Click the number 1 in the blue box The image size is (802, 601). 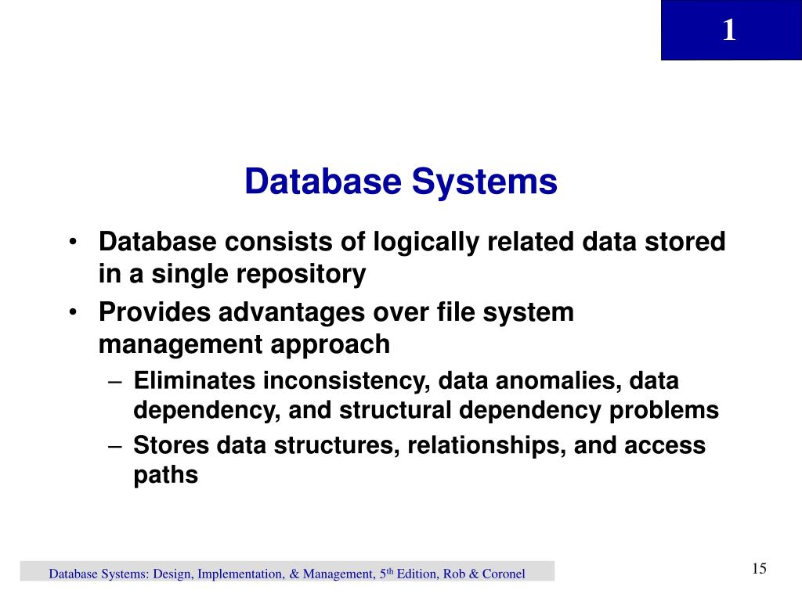pos(729,31)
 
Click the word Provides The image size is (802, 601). pos(154,312)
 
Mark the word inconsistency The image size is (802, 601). pos(347,382)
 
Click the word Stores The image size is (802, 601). pos(170,445)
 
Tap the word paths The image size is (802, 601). pos(166,475)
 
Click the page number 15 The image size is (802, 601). pos(758,568)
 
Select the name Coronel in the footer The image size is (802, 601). pos(503,574)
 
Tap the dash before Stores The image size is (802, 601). pos(115,445)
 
